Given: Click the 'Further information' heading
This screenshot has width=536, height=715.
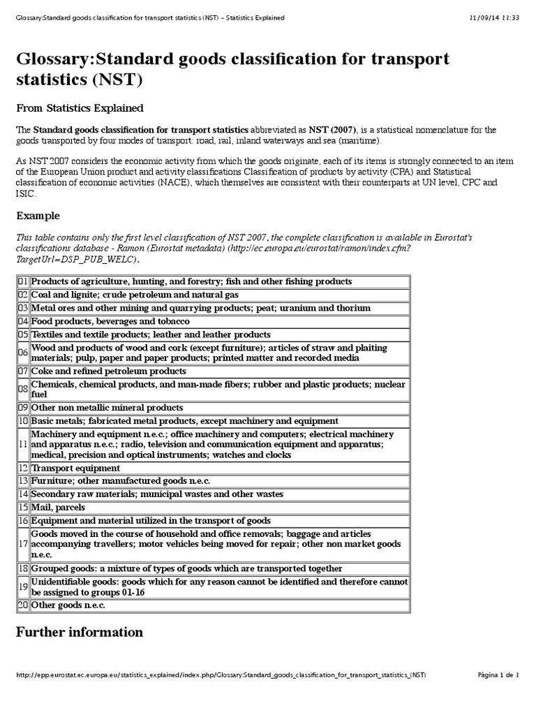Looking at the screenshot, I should (x=79, y=632).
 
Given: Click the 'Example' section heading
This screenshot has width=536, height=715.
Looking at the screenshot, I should (x=38, y=216).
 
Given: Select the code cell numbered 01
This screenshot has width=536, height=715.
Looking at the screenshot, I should (x=22, y=281).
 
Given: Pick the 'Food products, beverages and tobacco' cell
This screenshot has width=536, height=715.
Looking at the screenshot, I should (x=110, y=321).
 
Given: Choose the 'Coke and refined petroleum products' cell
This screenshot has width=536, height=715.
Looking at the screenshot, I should (x=109, y=371).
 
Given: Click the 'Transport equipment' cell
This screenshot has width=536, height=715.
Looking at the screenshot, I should (x=75, y=468).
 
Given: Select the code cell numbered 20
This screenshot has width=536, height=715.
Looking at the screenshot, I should (x=22, y=605).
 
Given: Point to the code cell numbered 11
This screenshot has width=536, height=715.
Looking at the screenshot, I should (x=22, y=444).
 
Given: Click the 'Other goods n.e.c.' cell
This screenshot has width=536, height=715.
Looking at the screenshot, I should (x=68, y=605).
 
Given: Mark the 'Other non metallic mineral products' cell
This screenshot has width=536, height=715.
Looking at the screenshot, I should (x=107, y=407).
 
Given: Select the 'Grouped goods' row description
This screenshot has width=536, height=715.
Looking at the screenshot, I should (x=186, y=568).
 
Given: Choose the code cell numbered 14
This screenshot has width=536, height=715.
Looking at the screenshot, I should (x=22, y=494).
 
